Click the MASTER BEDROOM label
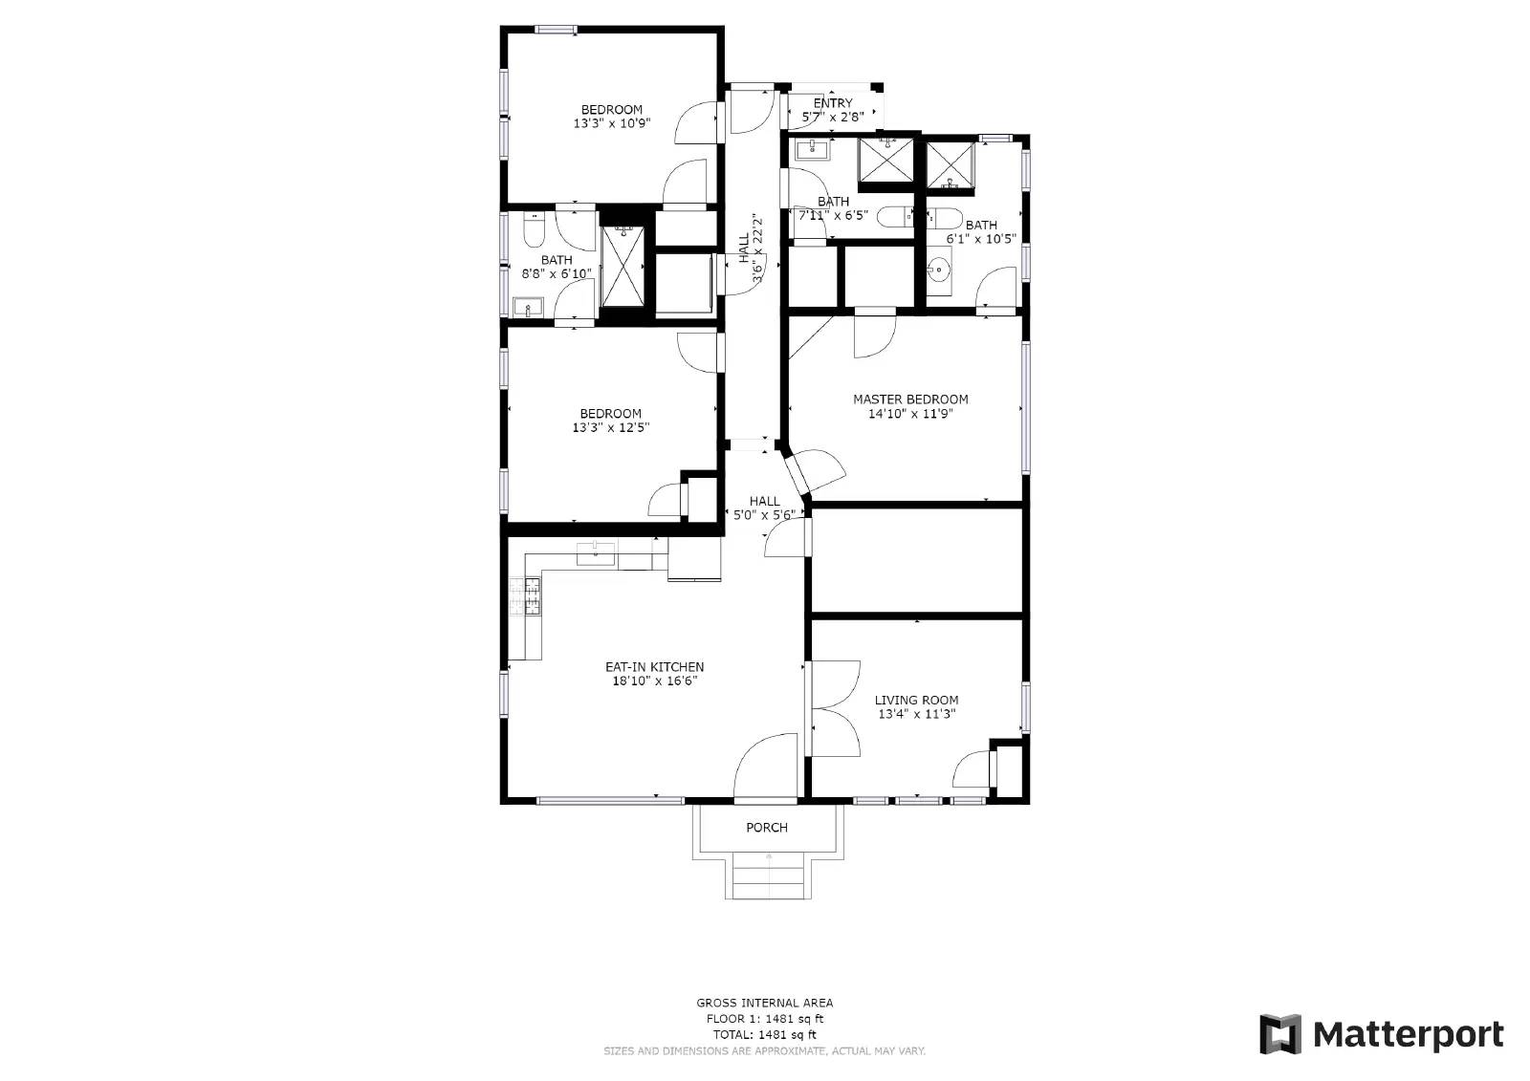[x=910, y=400]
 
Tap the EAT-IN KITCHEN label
[x=654, y=667]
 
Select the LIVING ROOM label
[x=917, y=700]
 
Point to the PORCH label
[x=767, y=828]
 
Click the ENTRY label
[x=833, y=103]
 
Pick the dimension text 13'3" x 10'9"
[x=612, y=123]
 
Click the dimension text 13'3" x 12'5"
[x=611, y=427]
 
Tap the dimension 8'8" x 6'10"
[x=557, y=274]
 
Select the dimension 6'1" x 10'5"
[x=981, y=239]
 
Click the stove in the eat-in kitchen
[x=525, y=595]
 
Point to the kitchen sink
[x=596, y=553]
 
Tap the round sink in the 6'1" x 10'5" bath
[x=939, y=270]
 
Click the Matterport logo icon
[x=1280, y=1034]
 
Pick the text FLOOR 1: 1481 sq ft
[x=765, y=1019]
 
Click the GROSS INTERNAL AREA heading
[x=765, y=1004]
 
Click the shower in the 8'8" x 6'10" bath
[x=623, y=267]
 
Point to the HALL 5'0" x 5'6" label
[x=764, y=508]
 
